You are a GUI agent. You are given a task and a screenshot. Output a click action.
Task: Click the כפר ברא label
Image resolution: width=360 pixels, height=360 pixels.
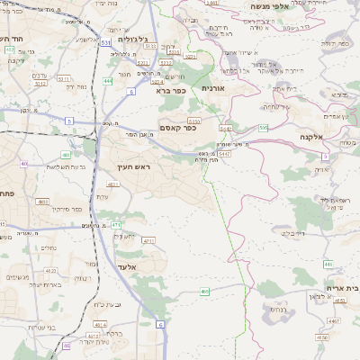click(x=172, y=90)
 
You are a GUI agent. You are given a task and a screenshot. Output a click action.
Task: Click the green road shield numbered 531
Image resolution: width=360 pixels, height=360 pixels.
click(x=106, y=41)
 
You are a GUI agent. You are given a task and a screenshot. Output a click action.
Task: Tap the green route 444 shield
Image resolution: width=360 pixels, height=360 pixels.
click(x=108, y=81)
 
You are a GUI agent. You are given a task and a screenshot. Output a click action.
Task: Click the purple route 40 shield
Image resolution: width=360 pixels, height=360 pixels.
click(x=24, y=164)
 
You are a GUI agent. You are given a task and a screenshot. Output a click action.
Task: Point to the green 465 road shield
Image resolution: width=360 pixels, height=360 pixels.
click(x=205, y=291)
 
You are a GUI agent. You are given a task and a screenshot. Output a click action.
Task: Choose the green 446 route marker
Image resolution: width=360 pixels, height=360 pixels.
click(x=328, y=264)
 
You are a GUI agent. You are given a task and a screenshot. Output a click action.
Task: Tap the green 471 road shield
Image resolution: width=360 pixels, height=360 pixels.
click(x=116, y=224)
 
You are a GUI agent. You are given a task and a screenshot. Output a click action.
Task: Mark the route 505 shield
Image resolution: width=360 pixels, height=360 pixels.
click(x=264, y=128)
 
